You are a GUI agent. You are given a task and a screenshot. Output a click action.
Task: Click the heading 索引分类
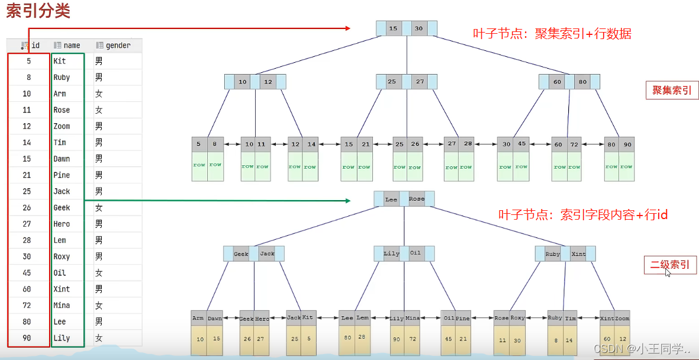point(38,11)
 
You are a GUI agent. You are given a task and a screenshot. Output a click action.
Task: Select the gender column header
point(117,46)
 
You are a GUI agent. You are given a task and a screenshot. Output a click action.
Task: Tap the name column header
point(72,46)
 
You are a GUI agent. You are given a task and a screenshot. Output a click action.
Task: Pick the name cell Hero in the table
point(62,224)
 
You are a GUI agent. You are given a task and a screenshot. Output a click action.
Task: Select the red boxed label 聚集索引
point(672,90)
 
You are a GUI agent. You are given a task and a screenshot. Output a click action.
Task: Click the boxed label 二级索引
point(671,265)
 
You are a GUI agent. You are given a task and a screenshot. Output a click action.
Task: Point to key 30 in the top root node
point(418,28)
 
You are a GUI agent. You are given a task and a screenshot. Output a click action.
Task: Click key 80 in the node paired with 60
point(583,82)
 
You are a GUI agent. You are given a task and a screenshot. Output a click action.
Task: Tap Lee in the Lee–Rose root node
point(391,200)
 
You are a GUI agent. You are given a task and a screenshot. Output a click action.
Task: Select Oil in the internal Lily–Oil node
point(415,253)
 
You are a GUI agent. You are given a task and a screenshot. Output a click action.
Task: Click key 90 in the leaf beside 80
point(627,144)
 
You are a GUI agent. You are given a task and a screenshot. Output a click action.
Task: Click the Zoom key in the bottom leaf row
point(622,318)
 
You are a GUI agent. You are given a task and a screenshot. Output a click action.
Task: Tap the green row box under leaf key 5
point(199,165)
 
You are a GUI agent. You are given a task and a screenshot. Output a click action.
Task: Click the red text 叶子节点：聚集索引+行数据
point(552,34)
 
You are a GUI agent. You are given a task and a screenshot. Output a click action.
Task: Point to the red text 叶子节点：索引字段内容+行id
point(583,215)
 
